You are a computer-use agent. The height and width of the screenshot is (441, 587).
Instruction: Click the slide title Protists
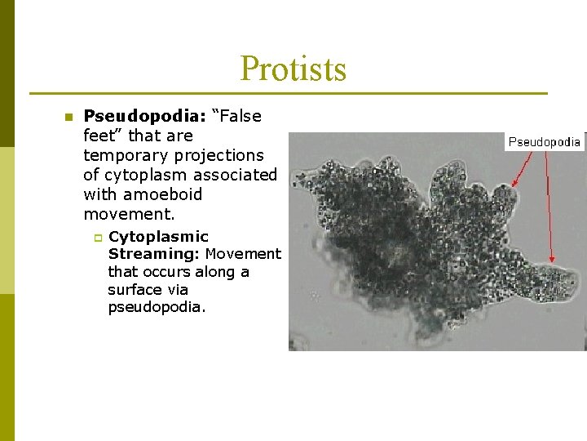coord(293,69)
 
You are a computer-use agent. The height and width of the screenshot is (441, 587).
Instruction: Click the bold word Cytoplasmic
coord(158,237)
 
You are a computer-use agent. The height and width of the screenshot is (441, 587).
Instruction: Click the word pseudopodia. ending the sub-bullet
coord(157,307)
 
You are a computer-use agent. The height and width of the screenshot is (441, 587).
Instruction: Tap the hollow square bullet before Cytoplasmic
coord(96,238)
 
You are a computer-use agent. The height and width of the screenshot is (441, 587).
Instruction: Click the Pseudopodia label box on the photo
coord(544,141)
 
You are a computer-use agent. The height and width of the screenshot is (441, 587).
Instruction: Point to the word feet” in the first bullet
coord(102,136)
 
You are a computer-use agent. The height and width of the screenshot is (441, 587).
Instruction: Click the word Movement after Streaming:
coord(243,254)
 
